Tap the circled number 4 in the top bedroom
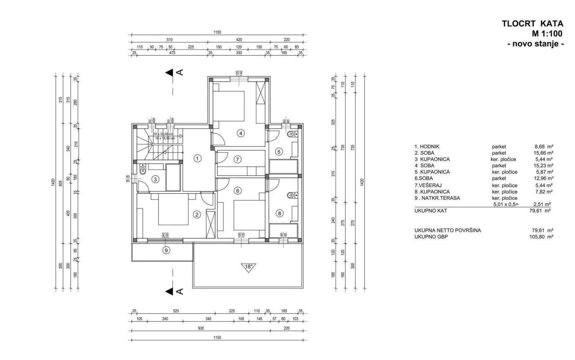(241, 133)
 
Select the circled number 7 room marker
(238, 159)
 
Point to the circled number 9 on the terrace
(166, 251)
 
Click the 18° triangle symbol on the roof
(248, 267)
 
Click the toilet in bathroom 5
(292, 134)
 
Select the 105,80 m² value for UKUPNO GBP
(541, 236)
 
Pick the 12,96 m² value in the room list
(542, 178)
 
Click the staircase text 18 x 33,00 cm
(163, 134)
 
